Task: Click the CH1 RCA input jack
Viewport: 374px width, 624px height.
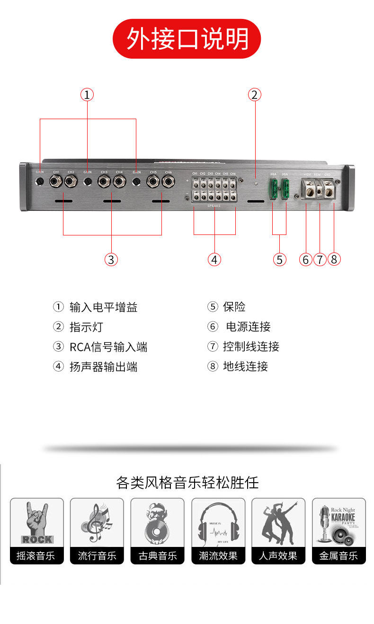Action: click(56, 181)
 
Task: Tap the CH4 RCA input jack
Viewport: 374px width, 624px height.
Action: click(119, 181)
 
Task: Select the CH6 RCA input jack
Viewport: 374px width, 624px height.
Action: click(168, 181)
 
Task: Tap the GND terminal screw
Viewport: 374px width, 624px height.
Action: click(328, 191)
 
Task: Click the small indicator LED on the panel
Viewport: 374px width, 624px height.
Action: click(256, 182)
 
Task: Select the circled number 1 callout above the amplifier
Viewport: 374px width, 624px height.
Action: click(87, 95)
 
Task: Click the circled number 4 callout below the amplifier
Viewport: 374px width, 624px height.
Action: click(214, 259)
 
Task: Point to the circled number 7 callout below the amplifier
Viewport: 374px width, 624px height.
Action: click(320, 259)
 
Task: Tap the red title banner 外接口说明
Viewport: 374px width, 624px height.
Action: click(187, 39)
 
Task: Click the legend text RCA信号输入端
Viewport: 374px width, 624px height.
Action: click(108, 347)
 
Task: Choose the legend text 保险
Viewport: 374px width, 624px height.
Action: click(234, 307)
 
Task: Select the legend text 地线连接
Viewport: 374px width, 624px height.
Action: click(245, 366)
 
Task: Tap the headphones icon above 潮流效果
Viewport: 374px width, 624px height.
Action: click(218, 523)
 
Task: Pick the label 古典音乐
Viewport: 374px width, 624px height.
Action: click(158, 556)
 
